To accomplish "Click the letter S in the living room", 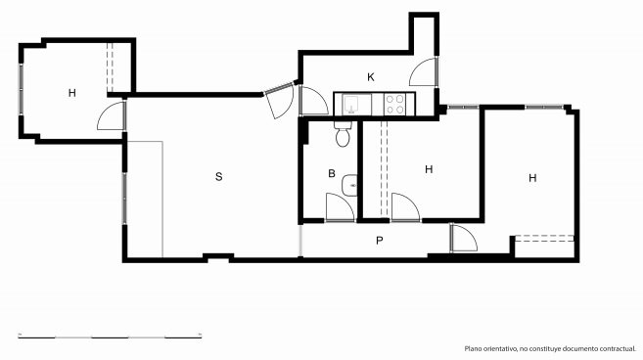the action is coord(219,177).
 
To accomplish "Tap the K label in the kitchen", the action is coord(371,77).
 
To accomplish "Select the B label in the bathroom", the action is coord(332,173).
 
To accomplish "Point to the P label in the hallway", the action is coord(380,241).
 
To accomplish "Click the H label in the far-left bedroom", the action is coord(72,93).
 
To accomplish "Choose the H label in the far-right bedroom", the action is coord(532,178).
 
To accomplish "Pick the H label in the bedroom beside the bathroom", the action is coord(429,169).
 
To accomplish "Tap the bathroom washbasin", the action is coord(349,185).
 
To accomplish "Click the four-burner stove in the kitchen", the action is coord(395,104).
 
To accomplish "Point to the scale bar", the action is coord(110,337).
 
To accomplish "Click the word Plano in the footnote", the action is coord(474,349).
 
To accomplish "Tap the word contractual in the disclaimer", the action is coord(618,349).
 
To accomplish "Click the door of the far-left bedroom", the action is coord(112,116).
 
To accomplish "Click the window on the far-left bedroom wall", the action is coord(21,89).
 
